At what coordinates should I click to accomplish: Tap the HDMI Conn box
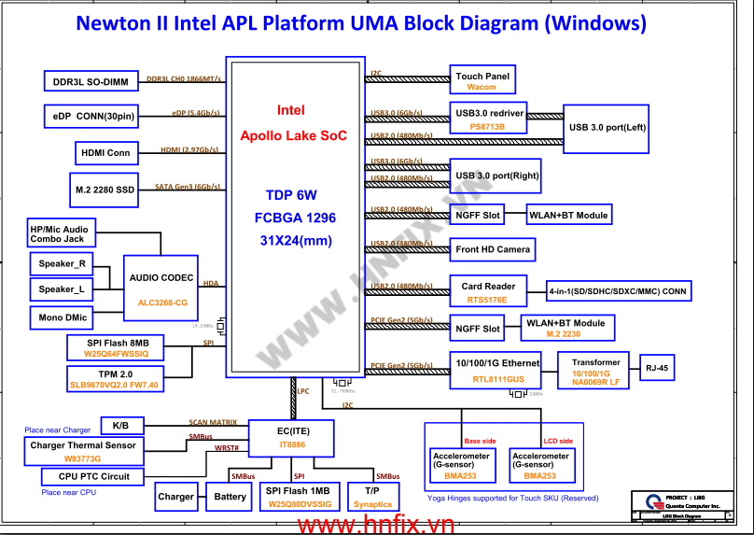click(x=105, y=152)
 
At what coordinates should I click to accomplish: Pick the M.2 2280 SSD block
click(x=105, y=190)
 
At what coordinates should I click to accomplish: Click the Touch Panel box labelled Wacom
click(x=482, y=81)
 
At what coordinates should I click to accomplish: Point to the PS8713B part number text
click(x=487, y=126)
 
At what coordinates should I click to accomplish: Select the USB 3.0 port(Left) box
click(x=607, y=126)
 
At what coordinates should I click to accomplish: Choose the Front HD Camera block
click(x=494, y=249)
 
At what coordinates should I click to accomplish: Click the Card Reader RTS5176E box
click(x=489, y=292)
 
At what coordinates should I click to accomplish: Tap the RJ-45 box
click(x=657, y=368)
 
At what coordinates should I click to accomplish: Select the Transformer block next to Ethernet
click(x=595, y=371)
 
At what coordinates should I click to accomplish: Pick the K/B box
click(x=121, y=426)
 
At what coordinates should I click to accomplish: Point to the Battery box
click(x=230, y=497)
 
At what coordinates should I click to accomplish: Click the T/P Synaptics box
click(x=372, y=497)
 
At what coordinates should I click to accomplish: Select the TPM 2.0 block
click(x=114, y=378)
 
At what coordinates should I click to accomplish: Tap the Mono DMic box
click(x=63, y=318)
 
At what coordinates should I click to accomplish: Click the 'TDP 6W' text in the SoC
click(x=291, y=196)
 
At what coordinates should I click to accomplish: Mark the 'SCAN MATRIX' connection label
click(x=213, y=422)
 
